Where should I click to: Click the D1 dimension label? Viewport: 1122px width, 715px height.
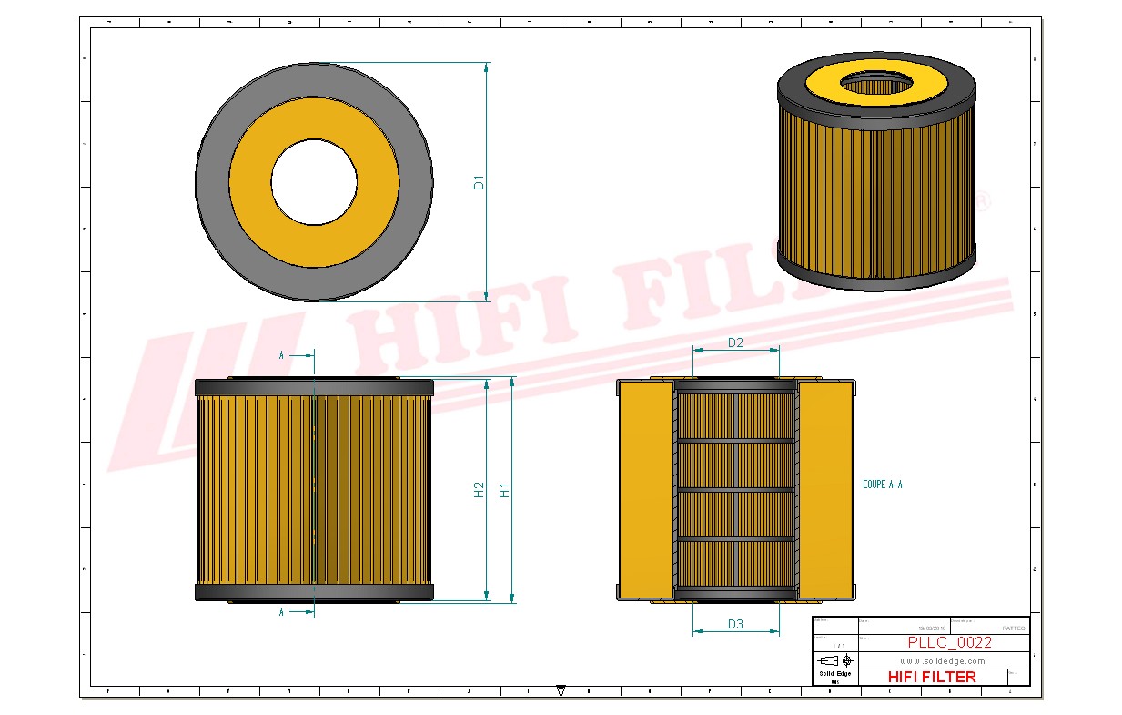point(479,182)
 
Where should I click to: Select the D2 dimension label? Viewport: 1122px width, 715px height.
point(735,342)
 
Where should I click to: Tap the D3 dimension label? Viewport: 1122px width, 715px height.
point(735,624)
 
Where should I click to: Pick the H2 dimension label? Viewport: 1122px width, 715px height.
point(479,489)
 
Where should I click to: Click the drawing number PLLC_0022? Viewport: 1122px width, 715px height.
point(949,642)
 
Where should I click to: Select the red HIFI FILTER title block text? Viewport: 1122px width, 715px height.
point(931,677)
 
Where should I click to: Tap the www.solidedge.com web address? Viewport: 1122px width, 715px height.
point(943,660)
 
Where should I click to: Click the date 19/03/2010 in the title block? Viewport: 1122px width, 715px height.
point(932,628)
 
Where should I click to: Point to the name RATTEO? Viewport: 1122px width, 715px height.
point(1013,628)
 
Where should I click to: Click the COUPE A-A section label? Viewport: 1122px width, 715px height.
point(882,485)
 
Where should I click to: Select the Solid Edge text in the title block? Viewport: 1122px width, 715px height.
point(834,674)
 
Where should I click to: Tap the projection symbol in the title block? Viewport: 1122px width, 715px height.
point(834,659)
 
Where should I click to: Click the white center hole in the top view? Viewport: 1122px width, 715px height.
point(314,182)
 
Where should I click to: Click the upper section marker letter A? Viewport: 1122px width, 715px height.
point(281,355)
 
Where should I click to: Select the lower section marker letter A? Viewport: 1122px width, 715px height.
point(281,612)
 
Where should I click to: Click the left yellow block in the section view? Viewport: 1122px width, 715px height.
point(646,490)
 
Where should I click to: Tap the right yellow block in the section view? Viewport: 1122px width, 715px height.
point(826,490)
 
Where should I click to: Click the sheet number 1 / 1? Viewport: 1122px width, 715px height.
point(834,645)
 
